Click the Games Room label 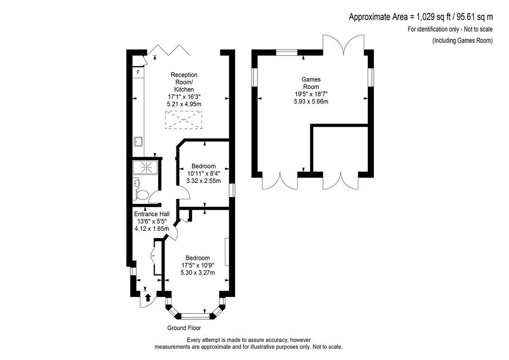[x=311, y=83]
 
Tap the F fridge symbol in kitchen [x=138, y=73]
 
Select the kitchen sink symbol [x=138, y=142]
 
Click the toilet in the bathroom [x=142, y=195]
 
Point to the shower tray [x=146, y=167]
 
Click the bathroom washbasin [x=136, y=183]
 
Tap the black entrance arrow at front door [x=148, y=297]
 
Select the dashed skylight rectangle [x=183, y=120]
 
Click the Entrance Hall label [x=152, y=214]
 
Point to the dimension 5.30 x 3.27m [x=198, y=272]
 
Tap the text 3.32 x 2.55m [x=203, y=181]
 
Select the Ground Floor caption [x=184, y=328]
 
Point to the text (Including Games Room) [x=462, y=41]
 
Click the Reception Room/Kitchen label [x=184, y=82]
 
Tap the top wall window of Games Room [x=287, y=53]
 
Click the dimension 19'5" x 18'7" [x=311, y=94]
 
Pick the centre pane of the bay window [x=195, y=316]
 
